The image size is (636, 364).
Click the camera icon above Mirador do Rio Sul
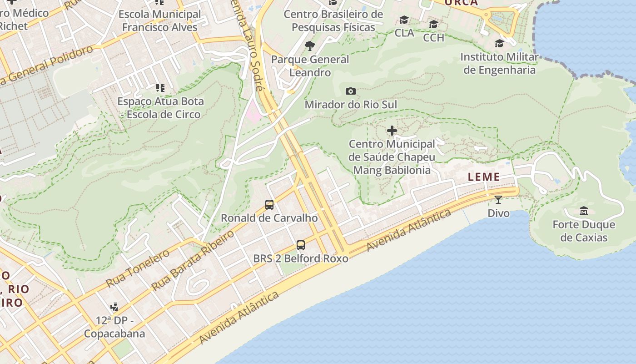[x=350, y=91]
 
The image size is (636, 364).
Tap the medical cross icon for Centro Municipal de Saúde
[x=392, y=131]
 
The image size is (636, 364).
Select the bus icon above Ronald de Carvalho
[x=269, y=205]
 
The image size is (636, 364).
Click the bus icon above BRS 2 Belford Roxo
[x=300, y=245]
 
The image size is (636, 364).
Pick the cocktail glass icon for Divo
[x=498, y=199]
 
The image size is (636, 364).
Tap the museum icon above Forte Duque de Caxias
[x=584, y=211]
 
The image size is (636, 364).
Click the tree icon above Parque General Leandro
[x=310, y=45]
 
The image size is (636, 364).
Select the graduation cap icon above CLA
[x=404, y=20]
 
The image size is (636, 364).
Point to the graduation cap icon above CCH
[x=433, y=24]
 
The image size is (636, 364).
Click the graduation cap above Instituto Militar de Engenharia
[x=499, y=44]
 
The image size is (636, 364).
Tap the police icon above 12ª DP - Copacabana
[x=114, y=307]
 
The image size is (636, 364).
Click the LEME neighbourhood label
[x=484, y=177]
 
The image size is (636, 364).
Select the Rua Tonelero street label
[x=138, y=268]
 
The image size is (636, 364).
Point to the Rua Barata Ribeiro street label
[x=193, y=261]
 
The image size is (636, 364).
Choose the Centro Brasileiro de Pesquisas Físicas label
[x=333, y=21]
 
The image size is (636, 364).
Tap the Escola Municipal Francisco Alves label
[x=160, y=20]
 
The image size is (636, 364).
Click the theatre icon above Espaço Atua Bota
[x=159, y=87]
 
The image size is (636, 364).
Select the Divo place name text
[x=498, y=213]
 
